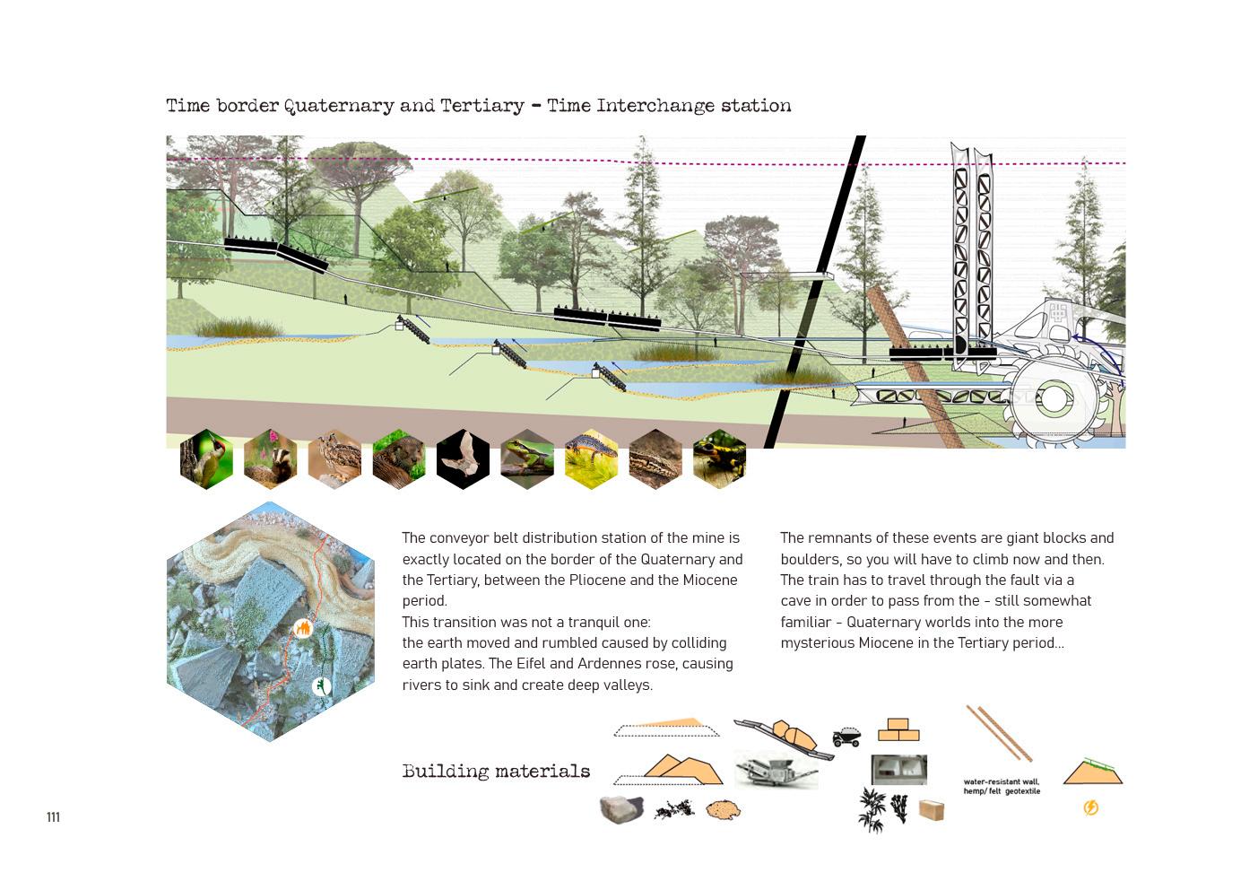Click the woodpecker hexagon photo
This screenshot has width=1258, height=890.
point(206,459)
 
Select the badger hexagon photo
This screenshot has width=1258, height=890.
point(270,459)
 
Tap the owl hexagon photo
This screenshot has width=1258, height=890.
point(334,459)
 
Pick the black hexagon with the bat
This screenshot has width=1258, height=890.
point(463,459)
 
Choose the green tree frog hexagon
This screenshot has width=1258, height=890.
point(527,459)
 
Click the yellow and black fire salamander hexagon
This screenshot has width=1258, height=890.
point(719,459)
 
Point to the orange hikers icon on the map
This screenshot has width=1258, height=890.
point(303,628)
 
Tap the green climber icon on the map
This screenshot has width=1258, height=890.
point(321,687)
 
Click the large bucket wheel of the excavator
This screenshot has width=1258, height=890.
point(1054,399)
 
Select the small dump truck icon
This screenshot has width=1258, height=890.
point(846,737)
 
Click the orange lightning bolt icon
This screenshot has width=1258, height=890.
point(1091,807)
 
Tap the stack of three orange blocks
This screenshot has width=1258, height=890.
point(898,729)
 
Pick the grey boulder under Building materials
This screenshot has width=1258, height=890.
point(621,809)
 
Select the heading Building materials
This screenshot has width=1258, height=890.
point(496,772)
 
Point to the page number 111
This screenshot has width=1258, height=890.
point(53,817)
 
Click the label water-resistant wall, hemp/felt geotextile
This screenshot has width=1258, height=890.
point(1002,787)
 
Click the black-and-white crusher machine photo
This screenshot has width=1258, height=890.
point(776,770)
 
